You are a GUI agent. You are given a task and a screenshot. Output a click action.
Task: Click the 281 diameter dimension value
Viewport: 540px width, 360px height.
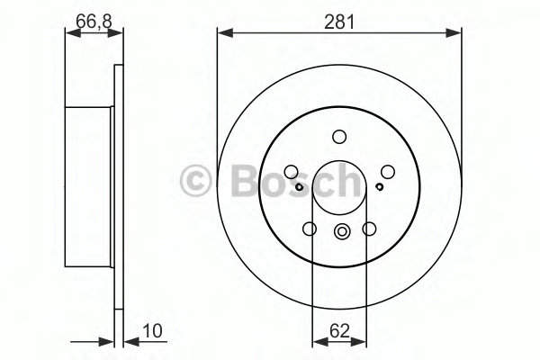[x=339, y=22]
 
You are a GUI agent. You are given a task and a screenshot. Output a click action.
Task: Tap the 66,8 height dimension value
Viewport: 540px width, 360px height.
[x=94, y=22]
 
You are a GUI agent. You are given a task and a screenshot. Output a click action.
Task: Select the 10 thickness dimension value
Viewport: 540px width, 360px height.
[x=152, y=330]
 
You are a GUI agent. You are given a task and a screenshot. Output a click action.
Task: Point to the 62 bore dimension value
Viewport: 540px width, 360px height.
[x=339, y=331]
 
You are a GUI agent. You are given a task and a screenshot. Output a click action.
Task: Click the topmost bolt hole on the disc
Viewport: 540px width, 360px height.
[x=339, y=137]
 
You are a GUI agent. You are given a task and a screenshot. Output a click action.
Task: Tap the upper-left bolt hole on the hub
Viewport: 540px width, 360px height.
[x=291, y=172]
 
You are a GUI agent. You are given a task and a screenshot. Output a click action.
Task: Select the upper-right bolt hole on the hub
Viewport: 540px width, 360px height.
[x=387, y=172]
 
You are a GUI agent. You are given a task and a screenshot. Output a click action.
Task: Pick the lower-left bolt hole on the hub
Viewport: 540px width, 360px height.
[x=310, y=229]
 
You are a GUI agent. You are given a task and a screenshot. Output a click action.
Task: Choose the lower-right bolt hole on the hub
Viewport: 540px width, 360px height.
[x=369, y=229]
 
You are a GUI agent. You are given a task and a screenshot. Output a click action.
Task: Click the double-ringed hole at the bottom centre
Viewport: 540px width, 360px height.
[x=342, y=231]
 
